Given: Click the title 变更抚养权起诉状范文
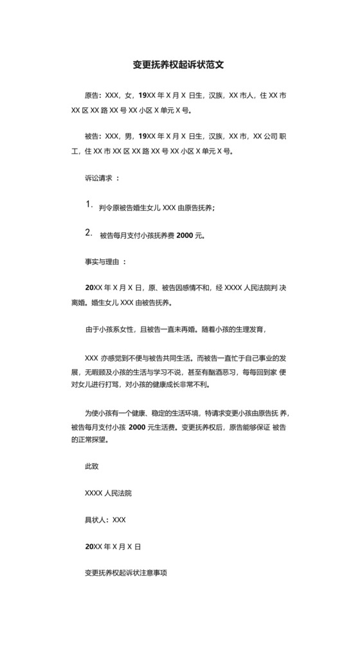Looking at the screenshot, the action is click(x=179, y=65).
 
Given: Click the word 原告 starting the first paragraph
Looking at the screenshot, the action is click(x=92, y=95).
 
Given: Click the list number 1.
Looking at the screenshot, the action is click(x=89, y=205).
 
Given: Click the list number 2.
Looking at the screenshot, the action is click(x=89, y=233).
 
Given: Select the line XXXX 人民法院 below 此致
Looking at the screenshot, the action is click(x=108, y=493).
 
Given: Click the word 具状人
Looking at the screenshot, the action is click(x=96, y=520).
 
